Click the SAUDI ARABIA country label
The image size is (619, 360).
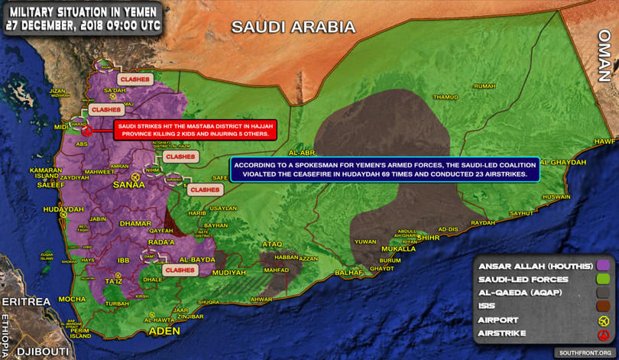293,28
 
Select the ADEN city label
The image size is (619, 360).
164,331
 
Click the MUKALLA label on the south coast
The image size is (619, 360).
398,248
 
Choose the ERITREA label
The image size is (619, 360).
25,302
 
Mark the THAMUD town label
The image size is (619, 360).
445,97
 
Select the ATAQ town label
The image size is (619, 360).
272,244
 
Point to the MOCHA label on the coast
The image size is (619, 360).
72,299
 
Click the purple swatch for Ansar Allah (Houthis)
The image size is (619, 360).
603,265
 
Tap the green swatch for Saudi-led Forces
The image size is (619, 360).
603,279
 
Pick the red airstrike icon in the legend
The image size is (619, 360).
603,334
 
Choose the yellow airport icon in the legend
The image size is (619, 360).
603,320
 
